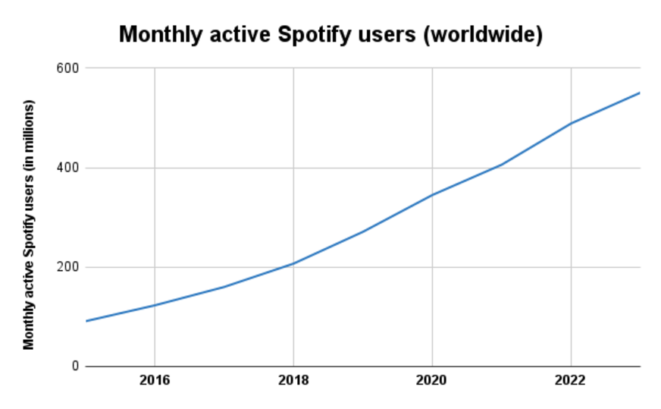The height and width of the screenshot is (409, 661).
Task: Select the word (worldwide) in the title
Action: click(x=482, y=35)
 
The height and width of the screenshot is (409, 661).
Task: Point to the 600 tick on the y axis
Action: click(x=69, y=68)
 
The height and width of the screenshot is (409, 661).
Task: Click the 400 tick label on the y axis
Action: click(x=69, y=168)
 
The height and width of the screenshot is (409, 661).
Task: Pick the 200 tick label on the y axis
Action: click(x=69, y=267)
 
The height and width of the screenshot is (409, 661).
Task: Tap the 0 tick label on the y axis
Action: click(x=74, y=367)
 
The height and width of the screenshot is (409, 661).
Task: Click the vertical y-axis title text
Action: click(x=30, y=224)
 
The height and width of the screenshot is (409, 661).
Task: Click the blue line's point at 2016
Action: click(x=155, y=305)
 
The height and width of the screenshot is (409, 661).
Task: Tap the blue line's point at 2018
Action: click(x=293, y=263)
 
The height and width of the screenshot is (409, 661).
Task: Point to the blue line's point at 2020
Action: click(x=432, y=195)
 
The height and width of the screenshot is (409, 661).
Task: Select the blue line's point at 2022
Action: click(x=571, y=123)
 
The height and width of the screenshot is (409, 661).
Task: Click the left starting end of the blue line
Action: click(x=86, y=321)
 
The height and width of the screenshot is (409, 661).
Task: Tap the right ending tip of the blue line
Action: click(x=640, y=93)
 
